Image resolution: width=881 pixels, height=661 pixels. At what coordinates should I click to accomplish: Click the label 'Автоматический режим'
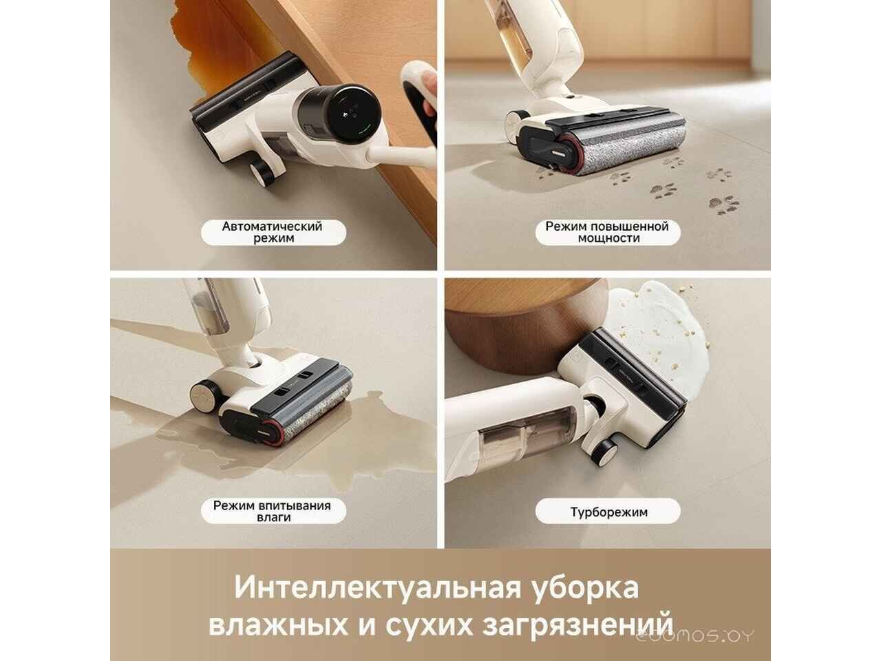[x=272, y=232]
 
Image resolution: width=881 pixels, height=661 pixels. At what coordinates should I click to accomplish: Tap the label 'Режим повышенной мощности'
[x=606, y=232]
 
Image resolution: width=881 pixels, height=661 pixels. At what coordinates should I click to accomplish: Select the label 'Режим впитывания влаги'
[x=272, y=511]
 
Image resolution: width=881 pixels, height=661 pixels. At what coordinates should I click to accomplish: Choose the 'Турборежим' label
[x=608, y=512]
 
